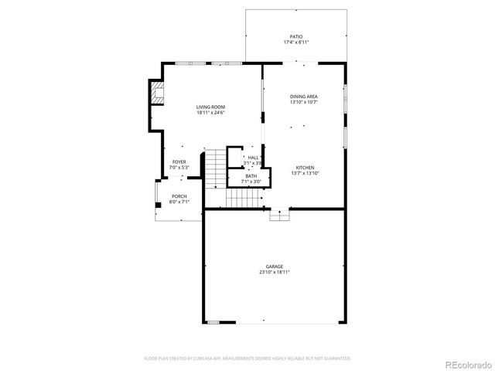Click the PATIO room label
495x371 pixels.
pos(296,36)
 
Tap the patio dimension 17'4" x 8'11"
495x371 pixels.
pos(296,43)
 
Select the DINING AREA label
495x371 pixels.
pos(304,96)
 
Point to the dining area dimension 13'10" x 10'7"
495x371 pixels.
pos(304,102)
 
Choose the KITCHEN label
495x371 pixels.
pos(304,168)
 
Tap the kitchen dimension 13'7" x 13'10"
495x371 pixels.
pos(304,174)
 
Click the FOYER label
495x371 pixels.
pos(179,162)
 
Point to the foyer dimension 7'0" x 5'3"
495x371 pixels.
pos(179,167)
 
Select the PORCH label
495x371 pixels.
pos(179,196)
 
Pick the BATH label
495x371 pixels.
pos(251,175)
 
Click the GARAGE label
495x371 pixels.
pos(275,267)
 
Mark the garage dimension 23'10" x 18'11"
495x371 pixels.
pos(275,273)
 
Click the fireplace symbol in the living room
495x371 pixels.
pos(159,94)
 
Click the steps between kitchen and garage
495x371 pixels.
pos(278,216)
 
